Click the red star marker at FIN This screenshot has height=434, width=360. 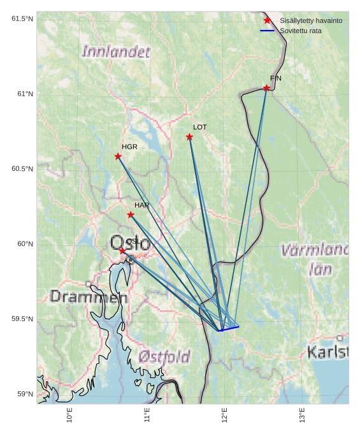(266, 88)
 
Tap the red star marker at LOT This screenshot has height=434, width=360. (190, 137)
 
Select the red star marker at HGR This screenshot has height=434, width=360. (118, 156)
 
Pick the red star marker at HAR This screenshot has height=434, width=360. (131, 215)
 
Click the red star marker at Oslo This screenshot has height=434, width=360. (122, 251)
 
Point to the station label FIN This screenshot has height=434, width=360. (276, 78)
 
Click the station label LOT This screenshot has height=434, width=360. (200, 127)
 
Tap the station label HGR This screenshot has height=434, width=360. (129, 147)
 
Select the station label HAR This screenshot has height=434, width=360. (141, 205)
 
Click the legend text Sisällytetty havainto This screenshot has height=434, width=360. (311, 20)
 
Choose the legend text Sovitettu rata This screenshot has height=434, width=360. (301, 31)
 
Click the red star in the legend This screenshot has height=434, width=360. (267, 20)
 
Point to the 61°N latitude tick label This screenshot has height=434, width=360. (22, 94)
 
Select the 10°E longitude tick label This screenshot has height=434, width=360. (69, 415)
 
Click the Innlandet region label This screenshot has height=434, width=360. (116, 52)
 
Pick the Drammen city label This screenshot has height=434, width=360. (88, 296)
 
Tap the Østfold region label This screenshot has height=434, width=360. (164, 356)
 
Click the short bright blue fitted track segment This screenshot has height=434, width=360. (229, 329)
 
